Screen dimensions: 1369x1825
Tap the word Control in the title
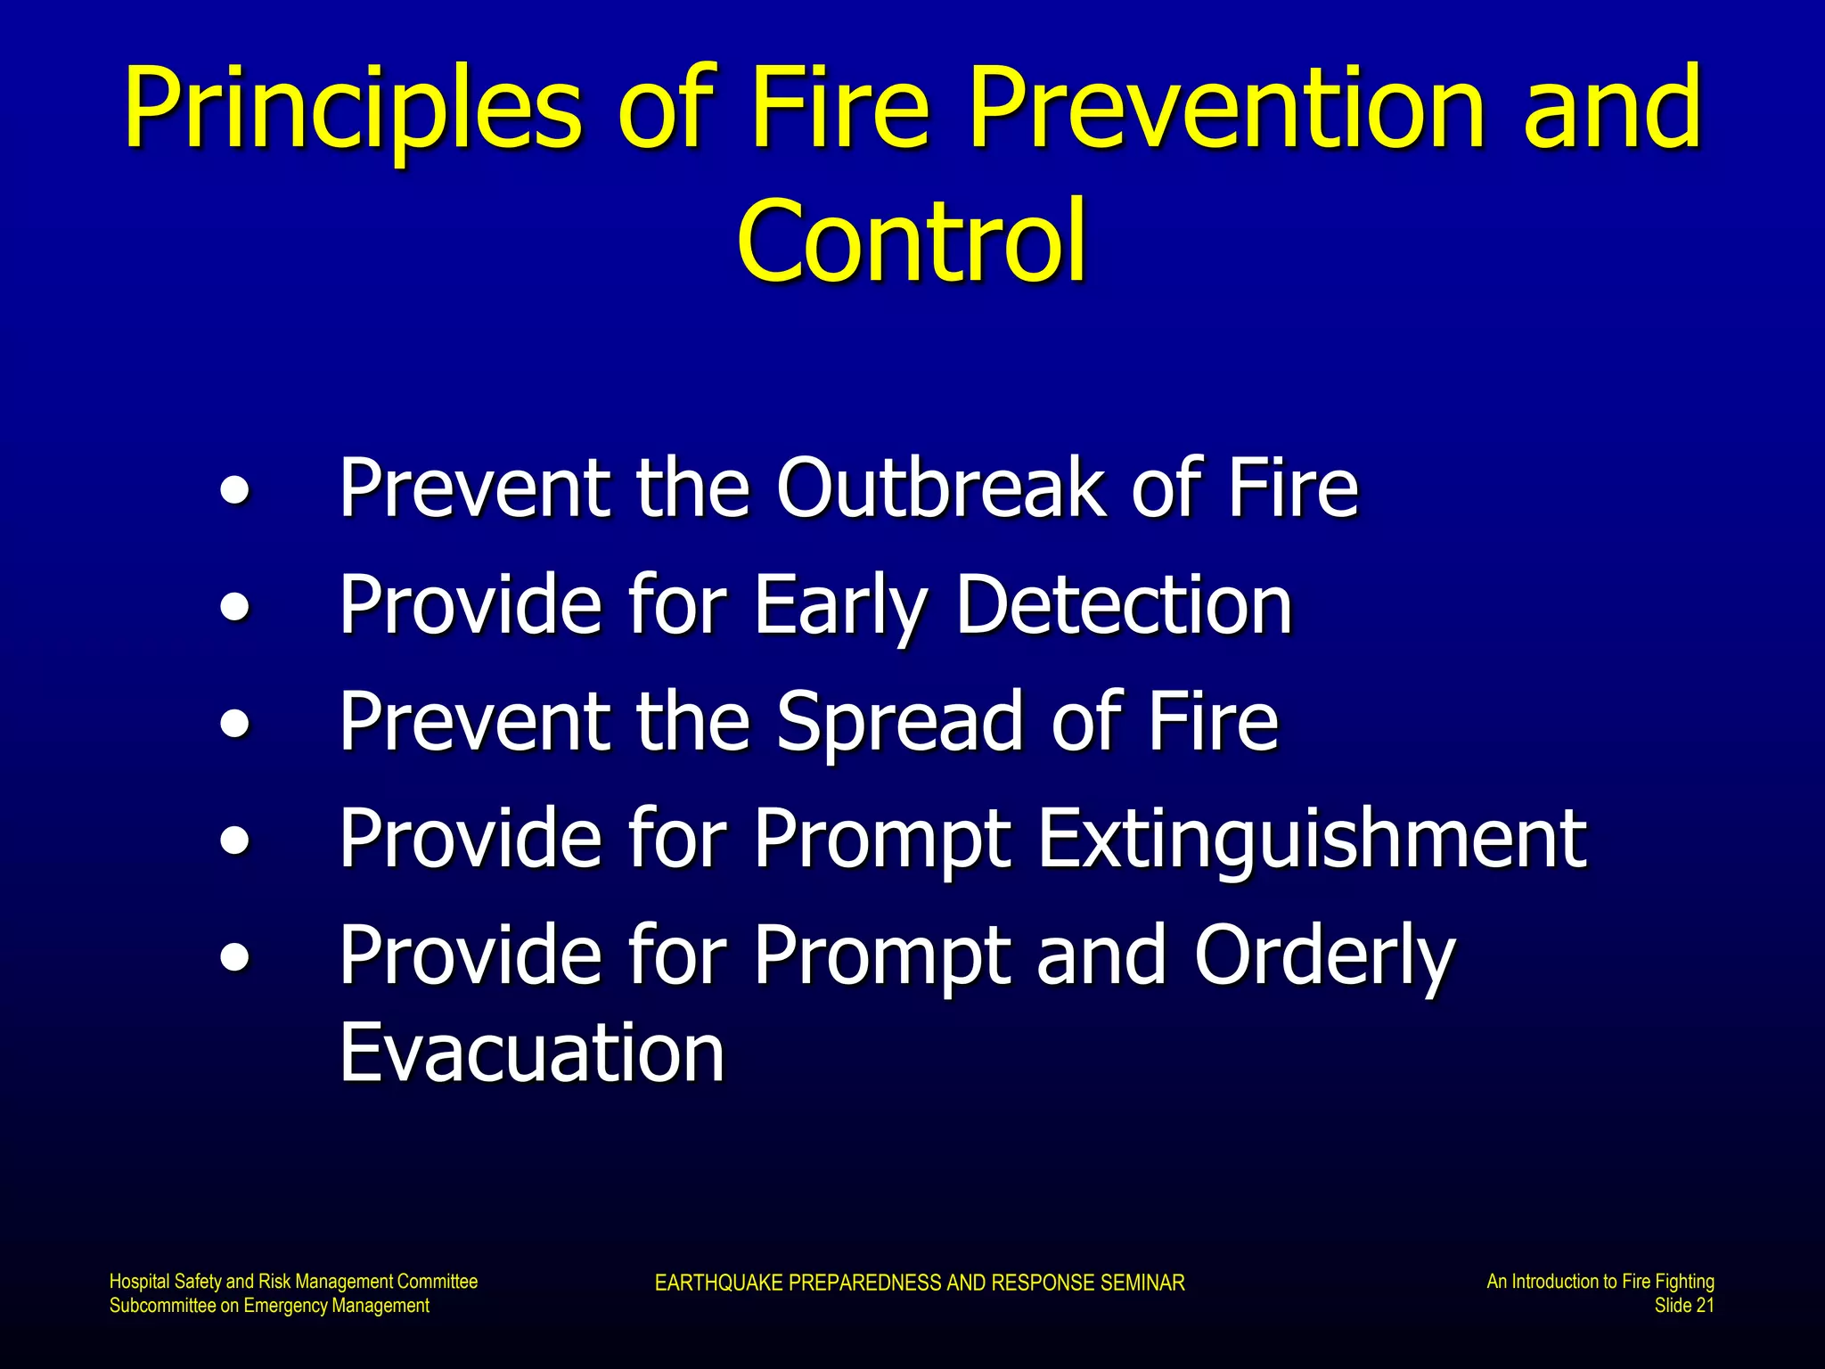pyautogui.click(x=911, y=242)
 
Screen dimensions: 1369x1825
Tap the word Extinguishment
pyautogui.click(x=1312, y=839)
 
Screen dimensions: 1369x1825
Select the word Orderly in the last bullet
pyautogui.click(x=1324, y=955)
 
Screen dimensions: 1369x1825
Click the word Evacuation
pyautogui.click(x=532, y=1053)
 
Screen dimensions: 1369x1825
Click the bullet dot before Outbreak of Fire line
pyautogui.click(x=234, y=491)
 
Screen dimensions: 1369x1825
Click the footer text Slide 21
pyautogui.click(x=1683, y=1306)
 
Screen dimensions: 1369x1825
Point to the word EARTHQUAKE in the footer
pyautogui.click(x=719, y=1283)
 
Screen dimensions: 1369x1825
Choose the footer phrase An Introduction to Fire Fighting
pyautogui.click(x=1600, y=1282)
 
